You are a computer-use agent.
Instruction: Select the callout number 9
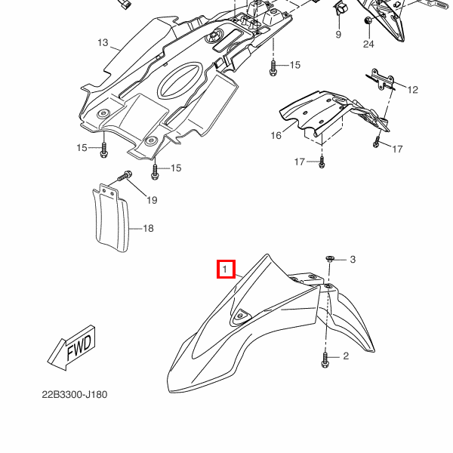(338, 35)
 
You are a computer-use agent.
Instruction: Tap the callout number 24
(368, 45)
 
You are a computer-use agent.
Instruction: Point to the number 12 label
(412, 91)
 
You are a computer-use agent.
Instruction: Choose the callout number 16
(276, 135)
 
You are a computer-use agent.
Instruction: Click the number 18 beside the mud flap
(148, 228)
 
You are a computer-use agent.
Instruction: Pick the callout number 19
(152, 200)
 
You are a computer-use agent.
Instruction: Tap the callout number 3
(353, 260)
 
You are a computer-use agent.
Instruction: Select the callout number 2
(346, 356)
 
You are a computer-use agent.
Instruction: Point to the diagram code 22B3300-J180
(75, 395)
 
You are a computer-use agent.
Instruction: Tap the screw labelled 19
(125, 178)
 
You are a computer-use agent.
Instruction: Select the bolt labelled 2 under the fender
(325, 360)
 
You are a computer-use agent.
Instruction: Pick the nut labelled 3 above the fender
(331, 260)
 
